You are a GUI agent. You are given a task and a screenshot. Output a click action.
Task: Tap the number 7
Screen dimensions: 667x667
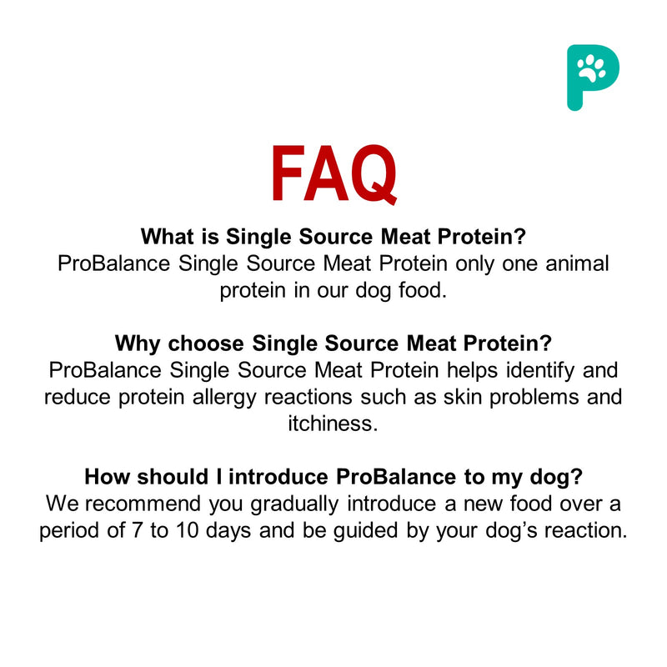pyautogui.click(x=182, y=530)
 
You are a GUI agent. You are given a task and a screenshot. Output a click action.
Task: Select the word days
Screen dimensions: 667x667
pyautogui.click(x=278, y=530)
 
